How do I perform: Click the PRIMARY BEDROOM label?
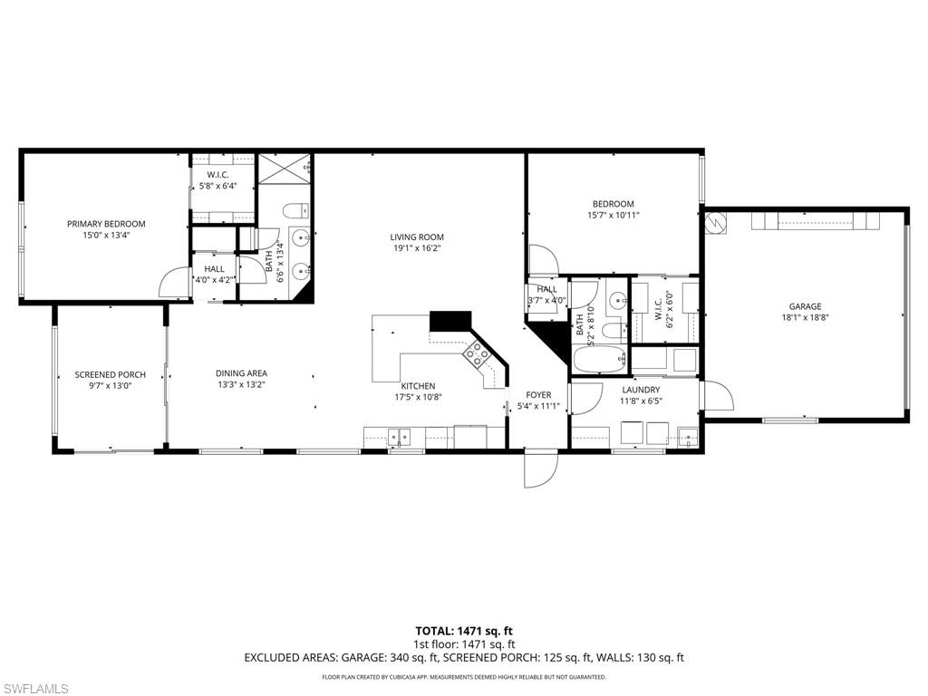106,224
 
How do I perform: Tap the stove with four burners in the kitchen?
476,354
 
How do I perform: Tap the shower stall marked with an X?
285,169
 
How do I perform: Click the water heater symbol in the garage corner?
714,222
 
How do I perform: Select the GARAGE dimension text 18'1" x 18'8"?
806,318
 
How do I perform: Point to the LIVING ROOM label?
418,237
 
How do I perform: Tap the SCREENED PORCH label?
111,374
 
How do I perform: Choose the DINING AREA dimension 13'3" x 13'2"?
241,384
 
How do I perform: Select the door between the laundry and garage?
716,395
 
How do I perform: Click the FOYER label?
538,395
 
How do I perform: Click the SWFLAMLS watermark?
36,689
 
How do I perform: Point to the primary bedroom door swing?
173,285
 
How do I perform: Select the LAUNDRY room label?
640,390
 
